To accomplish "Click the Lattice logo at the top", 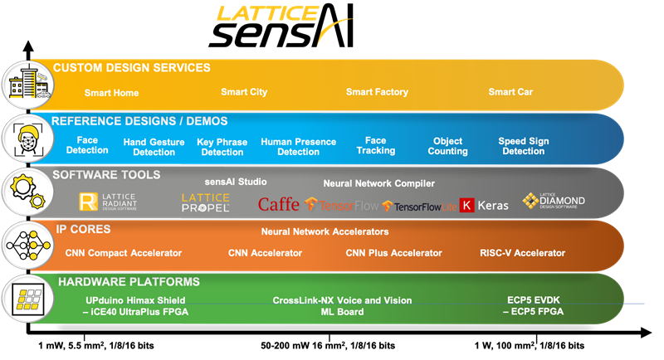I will [267, 14].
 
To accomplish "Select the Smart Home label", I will [111, 93].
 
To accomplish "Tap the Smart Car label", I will [510, 92].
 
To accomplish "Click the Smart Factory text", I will [377, 92].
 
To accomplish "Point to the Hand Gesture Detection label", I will [154, 147].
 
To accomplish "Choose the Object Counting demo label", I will [448, 146].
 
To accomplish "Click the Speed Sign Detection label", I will [523, 146].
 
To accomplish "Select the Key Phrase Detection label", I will [222, 147].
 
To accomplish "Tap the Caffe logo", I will [278, 204].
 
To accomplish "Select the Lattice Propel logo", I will [205, 202].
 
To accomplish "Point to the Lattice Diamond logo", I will [554, 201].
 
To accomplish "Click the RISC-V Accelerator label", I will [522, 253].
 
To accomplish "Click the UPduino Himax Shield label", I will [135, 300].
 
